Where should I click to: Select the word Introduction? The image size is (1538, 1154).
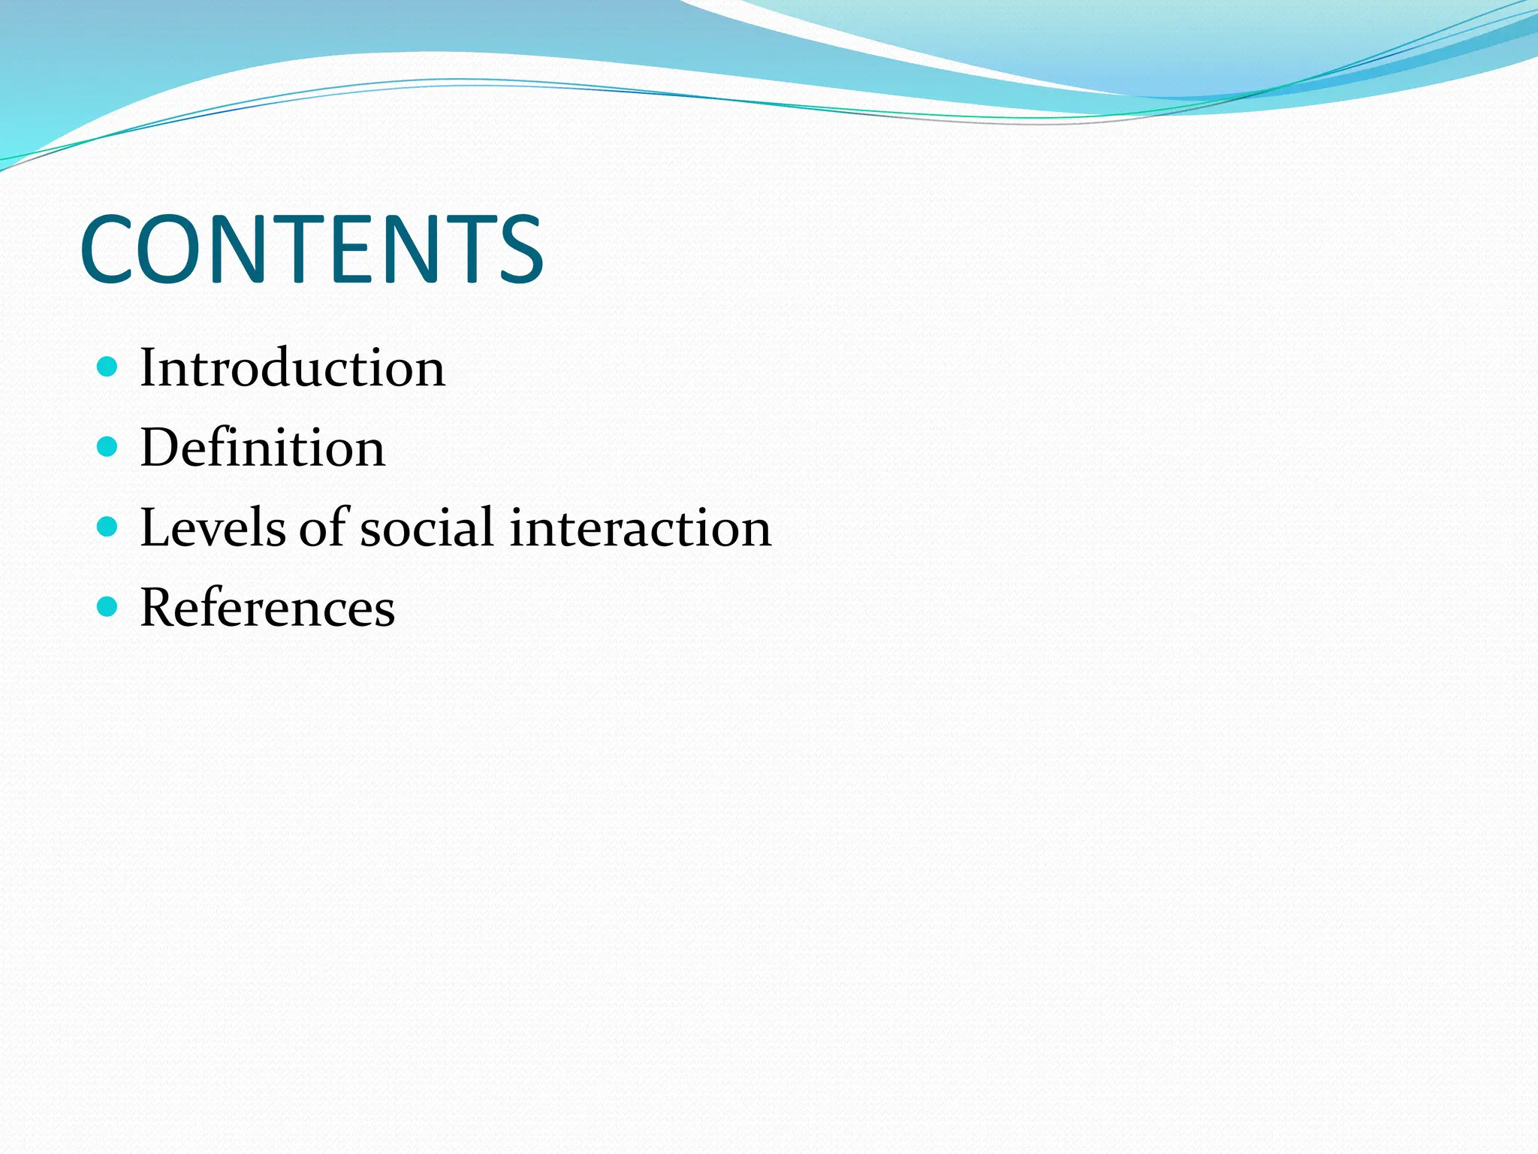click(x=293, y=368)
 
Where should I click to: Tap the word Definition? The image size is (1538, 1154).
click(x=263, y=448)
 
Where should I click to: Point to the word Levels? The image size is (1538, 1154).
click(x=213, y=527)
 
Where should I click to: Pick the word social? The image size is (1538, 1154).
click(x=427, y=527)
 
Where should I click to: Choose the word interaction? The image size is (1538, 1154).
click(x=641, y=527)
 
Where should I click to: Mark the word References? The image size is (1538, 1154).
click(x=267, y=607)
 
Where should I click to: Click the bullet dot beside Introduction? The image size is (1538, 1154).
click(x=108, y=367)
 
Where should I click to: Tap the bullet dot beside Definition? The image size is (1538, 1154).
click(x=108, y=447)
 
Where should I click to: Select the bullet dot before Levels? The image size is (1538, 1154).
click(x=108, y=527)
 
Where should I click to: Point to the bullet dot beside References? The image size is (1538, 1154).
click(x=108, y=606)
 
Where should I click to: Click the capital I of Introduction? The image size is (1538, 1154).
click(x=149, y=368)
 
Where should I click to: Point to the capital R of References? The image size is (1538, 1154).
click(x=159, y=607)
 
